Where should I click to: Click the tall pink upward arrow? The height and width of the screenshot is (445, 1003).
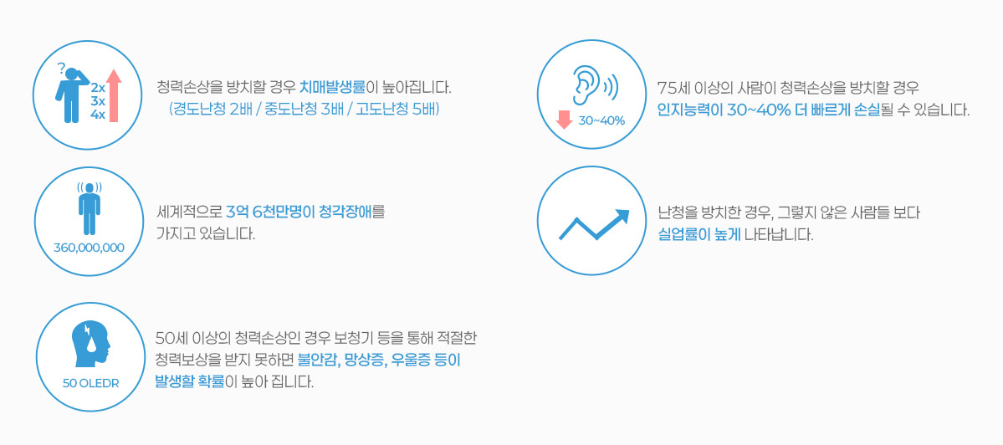(x=114, y=96)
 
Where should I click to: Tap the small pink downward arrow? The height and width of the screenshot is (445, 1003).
(x=564, y=120)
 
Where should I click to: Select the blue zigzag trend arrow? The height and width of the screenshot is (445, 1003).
(x=594, y=224)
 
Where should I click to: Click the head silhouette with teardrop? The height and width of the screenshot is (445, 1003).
(x=92, y=345)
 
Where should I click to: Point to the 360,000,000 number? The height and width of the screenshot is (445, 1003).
(x=90, y=248)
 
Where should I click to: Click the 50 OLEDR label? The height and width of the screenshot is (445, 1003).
(x=91, y=384)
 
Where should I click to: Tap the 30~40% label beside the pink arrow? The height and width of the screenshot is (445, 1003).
(x=601, y=120)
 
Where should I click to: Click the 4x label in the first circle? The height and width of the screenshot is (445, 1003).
(x=98, y=115)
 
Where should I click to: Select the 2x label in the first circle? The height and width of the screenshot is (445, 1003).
(x=98, y=88)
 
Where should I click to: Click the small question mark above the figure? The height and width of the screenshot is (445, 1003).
(x=61, y=67)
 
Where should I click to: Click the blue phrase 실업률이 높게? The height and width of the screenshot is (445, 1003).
(x=699, y=234)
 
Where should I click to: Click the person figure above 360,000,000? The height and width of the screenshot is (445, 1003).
(x=90, y=208)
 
